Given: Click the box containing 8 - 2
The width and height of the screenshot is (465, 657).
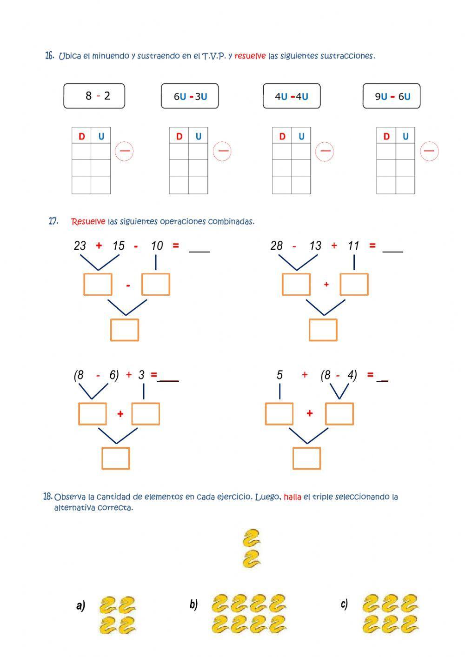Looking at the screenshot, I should [x=94, y=96].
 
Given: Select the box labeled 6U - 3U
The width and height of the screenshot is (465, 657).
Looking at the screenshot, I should [x=190, y=96].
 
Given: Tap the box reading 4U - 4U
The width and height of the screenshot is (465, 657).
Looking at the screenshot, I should [x=292, y=96].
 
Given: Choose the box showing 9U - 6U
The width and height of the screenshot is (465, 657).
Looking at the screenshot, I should [x=392, y=96].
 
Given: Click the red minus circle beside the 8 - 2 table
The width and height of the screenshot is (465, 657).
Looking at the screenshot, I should [x=124, y=151].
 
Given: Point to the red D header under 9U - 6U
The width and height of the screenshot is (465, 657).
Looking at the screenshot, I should [x=386, y=136].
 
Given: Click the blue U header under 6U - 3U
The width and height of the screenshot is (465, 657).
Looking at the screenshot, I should [x=199, y=136].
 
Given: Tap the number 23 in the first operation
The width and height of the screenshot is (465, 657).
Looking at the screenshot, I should [x=80, y=246].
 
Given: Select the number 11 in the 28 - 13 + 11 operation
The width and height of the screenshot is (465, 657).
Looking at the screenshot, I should [x=353, y=246].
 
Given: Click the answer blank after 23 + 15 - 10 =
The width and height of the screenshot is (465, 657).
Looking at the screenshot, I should [x=199, y=248].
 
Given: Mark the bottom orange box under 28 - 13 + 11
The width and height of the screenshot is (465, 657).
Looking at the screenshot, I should [x=323, y=330].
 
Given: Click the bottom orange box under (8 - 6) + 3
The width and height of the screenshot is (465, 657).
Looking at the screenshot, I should [x=116, y=458].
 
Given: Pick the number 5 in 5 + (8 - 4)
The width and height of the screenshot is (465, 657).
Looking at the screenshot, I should [x=279, y=375].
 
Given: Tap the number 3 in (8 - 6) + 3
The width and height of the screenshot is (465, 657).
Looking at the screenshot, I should [x=141, y=375].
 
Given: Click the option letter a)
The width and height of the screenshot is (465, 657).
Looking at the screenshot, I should [x=81, y=605].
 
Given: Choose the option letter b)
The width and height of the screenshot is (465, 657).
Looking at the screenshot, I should [x=193, y=604].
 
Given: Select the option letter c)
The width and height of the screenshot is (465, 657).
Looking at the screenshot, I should [x=344, y=604].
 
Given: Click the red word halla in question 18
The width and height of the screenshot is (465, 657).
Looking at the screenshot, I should [x=292, y=497].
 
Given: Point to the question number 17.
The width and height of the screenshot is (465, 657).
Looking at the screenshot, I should [x=53, y=221].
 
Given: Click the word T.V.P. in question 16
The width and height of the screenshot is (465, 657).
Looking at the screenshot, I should [x=214, y=56].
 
